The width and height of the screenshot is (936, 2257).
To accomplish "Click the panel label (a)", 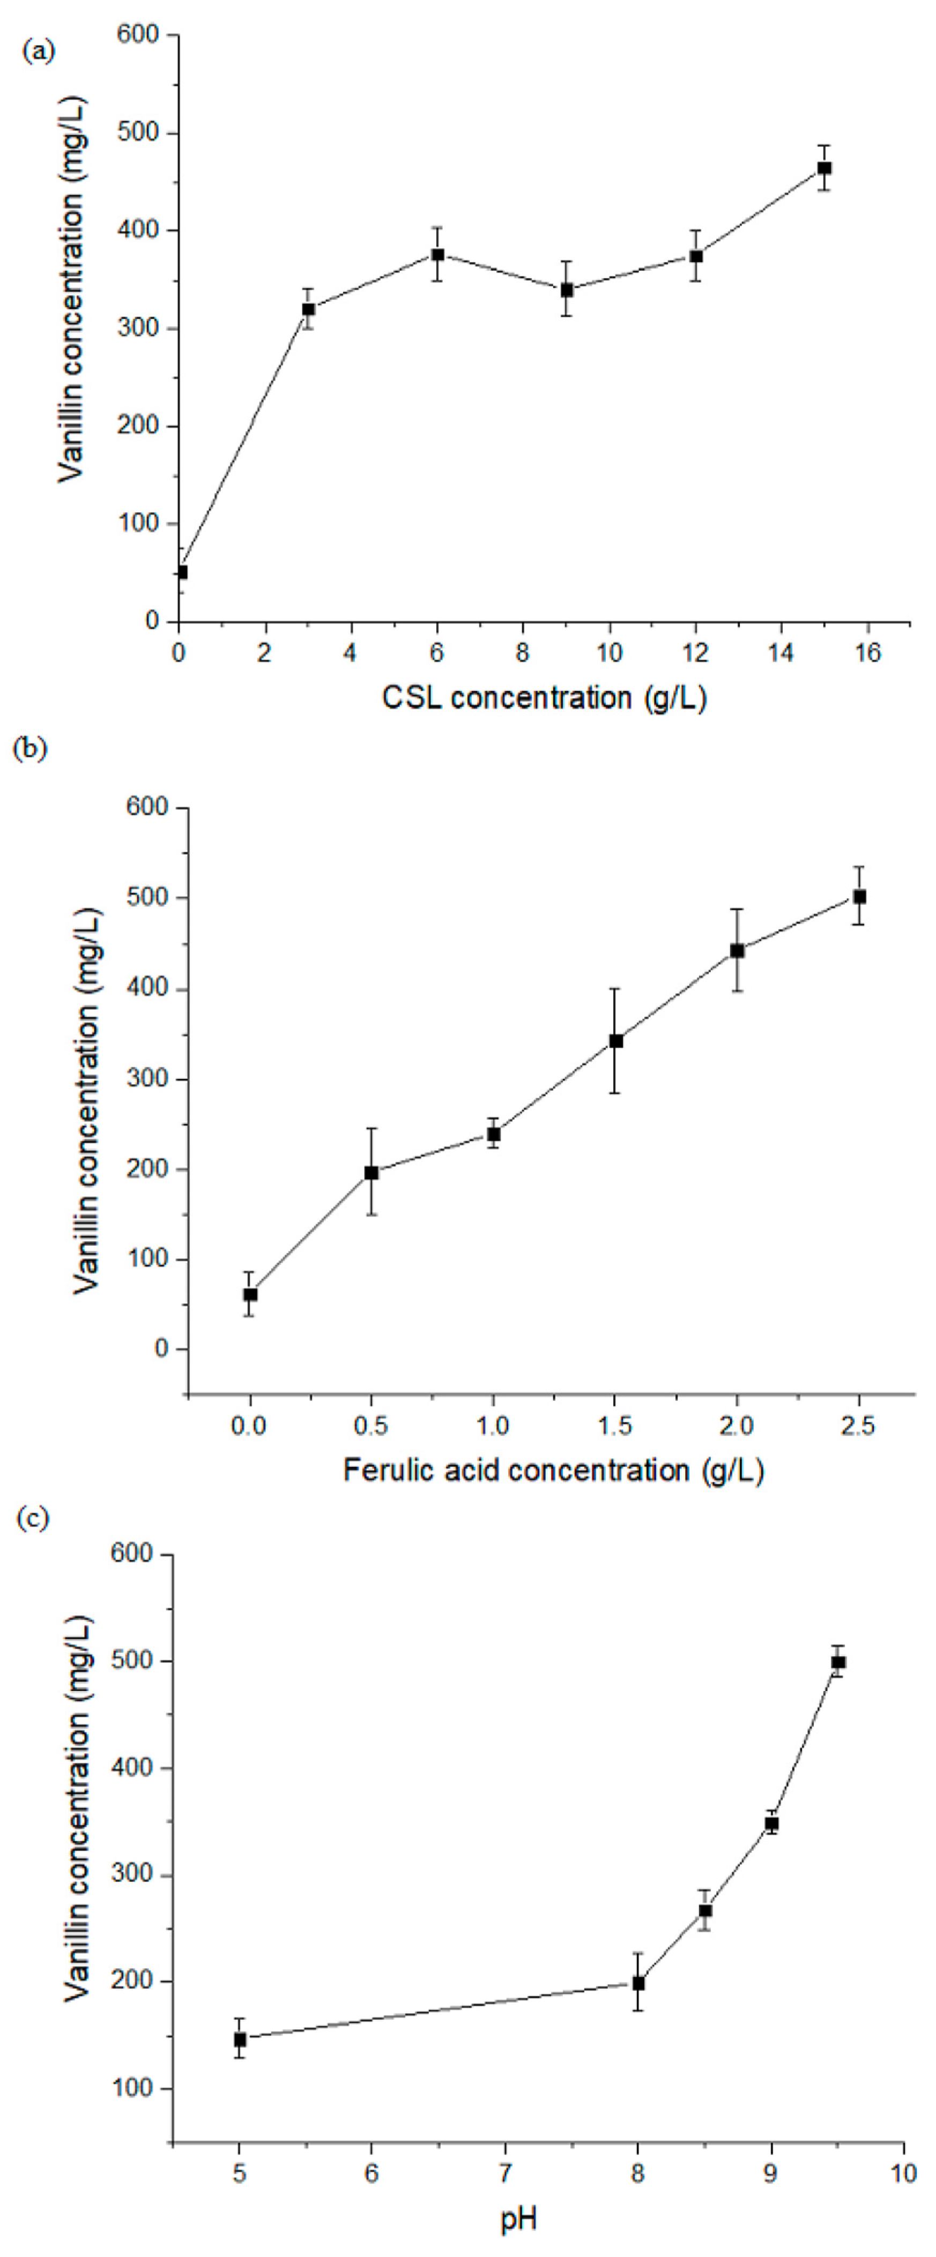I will tap(38, 51).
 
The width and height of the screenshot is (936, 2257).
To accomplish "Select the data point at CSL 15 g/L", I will tap(824, 168).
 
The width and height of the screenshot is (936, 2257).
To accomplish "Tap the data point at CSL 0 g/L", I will tap(181, 572).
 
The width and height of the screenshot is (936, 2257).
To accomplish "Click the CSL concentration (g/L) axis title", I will tap(544, 698).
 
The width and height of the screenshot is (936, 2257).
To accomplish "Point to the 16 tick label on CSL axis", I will tap(867, 654).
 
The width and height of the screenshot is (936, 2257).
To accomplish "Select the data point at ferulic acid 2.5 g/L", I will tap(860, 896).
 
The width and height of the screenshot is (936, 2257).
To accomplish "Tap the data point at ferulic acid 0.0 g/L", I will tap(251, 1294).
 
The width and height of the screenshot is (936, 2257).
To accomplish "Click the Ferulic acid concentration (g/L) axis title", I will tap(553, 1469).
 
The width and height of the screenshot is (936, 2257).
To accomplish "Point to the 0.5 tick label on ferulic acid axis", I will tap(371, 1426).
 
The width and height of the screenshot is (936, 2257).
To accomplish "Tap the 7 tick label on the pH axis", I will tap(506, 2174).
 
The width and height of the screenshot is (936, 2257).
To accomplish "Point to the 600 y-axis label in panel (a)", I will tap(138, 35).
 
